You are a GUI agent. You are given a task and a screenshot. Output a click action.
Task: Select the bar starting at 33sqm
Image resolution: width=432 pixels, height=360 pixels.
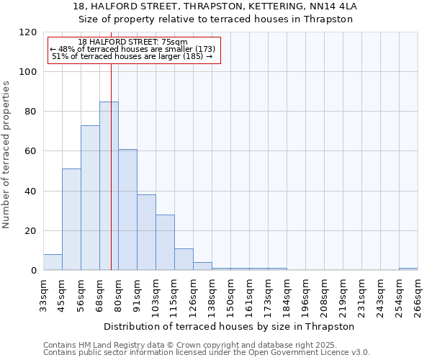(x=53, y=263)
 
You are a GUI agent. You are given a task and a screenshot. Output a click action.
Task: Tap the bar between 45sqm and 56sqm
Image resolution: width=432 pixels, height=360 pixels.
(x=71, y=220)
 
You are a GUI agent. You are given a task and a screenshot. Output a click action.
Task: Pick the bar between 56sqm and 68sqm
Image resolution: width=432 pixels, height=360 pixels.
(x=90, y=198)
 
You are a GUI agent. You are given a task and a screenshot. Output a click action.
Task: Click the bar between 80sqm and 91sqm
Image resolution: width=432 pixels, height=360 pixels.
(x=127, y=210)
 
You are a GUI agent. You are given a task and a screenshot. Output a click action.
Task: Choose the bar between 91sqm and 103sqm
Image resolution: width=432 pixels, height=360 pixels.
(x=146, y=233)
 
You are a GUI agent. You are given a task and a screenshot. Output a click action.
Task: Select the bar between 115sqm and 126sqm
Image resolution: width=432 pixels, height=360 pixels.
(x=184, y=259)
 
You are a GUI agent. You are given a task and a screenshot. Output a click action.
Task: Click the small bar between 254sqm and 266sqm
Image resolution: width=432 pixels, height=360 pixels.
(x=408, y=269)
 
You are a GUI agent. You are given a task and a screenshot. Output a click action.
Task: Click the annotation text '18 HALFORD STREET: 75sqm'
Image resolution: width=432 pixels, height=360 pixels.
(x=132, y=42)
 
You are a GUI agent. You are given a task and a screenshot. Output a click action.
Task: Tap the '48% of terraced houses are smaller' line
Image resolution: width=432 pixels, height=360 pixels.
(x=132, y=49)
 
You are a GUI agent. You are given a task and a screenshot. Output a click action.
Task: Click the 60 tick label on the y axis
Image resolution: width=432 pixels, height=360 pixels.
(x=31, y=151)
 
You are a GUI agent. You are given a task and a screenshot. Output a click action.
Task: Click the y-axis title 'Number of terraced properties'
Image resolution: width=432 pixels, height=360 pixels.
(x=6, y=155)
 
